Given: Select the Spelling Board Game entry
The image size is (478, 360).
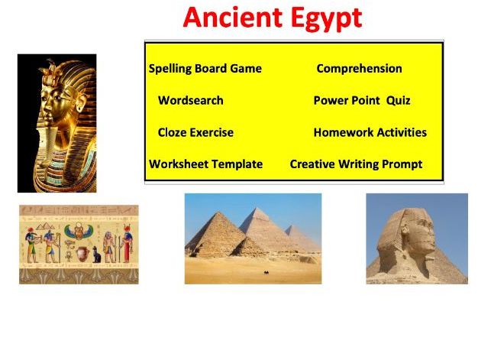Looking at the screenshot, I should pos(205,69).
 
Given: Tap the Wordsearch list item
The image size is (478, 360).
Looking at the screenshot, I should pos(191,101).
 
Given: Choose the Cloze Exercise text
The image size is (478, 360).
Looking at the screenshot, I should pos(195,132).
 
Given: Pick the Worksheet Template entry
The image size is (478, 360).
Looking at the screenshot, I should pos(205,164).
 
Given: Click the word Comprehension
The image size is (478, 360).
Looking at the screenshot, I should pos(359,69).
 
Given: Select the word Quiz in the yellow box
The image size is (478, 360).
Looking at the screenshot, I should pos(399,101).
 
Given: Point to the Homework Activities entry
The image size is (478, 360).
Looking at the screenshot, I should pos(370,132).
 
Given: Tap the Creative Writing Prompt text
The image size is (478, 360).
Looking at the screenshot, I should pos(356,164).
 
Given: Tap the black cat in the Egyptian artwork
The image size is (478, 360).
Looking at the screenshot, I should pos(97,255).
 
